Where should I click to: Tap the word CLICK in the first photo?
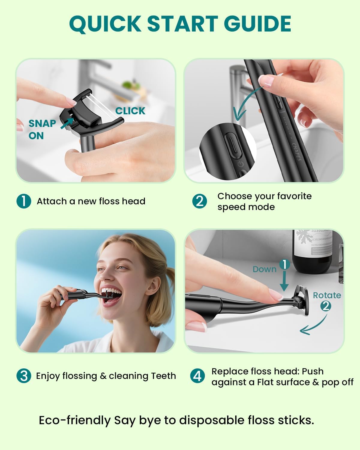[x=130, y=111]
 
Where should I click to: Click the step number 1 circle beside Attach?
[x=24, y=201]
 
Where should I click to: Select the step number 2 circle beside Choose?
[x=199, y=201]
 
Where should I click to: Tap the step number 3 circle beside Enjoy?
[x=24, y=376]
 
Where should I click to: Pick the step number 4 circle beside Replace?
[x=197, y=376]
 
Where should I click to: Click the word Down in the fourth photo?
[x=264, y=269]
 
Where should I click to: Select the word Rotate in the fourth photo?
[x=327, y=295]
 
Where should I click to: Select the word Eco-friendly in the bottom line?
[x=75, y=420]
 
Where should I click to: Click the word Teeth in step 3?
[x=163, y=376]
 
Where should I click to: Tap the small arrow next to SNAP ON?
[x=67, y=123]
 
